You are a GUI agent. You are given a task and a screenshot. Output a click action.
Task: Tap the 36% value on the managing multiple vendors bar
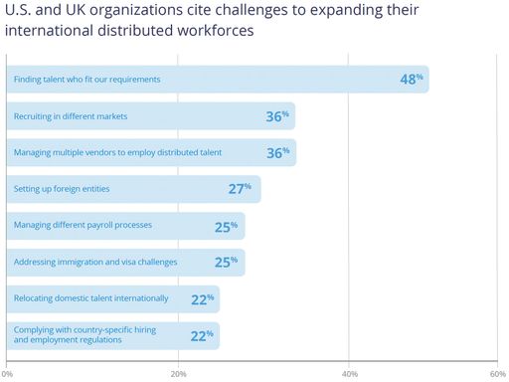tap(278, 152)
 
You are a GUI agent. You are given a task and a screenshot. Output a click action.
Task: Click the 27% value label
tap(241, 188)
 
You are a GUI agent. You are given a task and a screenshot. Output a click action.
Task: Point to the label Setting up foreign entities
tap(62, 189)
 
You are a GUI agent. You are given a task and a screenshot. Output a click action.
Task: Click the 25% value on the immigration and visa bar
tap(227, 263)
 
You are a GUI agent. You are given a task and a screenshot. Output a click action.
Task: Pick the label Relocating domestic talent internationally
tap(90, 298)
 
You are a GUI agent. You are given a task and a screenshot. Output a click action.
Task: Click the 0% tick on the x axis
tap(7, 374)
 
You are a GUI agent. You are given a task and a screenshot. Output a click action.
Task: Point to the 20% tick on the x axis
tap(178, 374)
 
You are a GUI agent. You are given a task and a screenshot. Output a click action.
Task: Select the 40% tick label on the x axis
tap(349, 374)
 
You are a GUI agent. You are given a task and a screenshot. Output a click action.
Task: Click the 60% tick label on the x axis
tap(498, 374)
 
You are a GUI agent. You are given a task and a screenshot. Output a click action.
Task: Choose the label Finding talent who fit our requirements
tap(86, 79)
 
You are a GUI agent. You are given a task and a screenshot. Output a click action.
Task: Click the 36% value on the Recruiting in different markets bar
tap(278, 116)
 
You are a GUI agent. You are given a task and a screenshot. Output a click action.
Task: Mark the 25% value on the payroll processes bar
tap(227, 226)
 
